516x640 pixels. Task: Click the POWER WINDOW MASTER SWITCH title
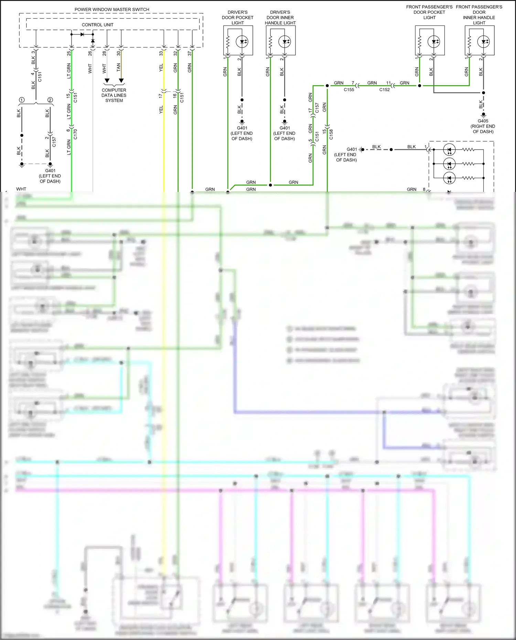(112, 10)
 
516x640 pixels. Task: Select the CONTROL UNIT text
(97, 25)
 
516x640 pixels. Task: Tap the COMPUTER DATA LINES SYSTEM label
(114, 95)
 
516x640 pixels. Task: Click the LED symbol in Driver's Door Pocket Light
(242, 42)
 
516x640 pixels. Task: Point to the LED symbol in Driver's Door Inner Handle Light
(285, 42)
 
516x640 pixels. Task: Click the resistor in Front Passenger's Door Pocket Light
(420, 42)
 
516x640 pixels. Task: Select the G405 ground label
(483, 121)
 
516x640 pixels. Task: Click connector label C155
(349, 90)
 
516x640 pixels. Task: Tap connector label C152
(385, 90)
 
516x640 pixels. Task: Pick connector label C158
(331, 134)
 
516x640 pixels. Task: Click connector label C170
(76, 134)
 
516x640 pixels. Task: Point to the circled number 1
(22, 100)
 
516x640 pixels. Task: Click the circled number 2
(50, 100)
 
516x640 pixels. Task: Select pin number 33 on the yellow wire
(161, 54)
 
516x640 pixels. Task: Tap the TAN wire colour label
(119, 67)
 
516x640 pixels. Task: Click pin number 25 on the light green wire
(69, 54)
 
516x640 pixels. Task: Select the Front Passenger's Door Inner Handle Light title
(479, 15)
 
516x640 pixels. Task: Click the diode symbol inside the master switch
(82, 34)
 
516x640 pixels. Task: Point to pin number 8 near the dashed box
(424, 189)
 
